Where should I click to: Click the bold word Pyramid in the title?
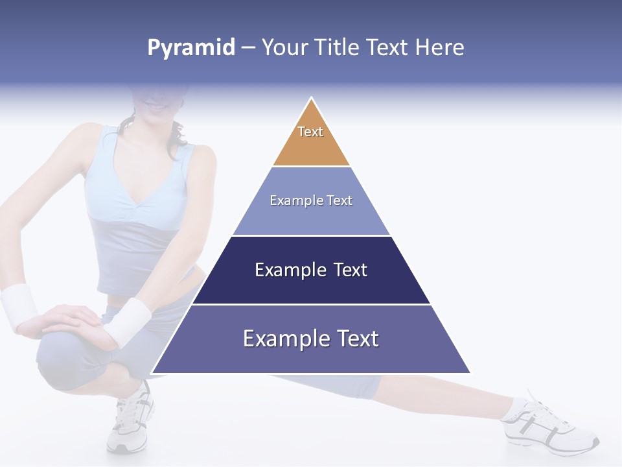click(191, 48)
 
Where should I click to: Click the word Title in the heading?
click(338, 48)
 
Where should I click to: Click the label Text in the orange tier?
click(310, 132)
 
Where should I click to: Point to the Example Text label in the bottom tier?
click(311, 339)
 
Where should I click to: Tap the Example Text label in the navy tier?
click(311, 270)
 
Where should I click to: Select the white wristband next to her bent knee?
click(128, 320)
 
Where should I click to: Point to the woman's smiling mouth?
click(155, 104)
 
